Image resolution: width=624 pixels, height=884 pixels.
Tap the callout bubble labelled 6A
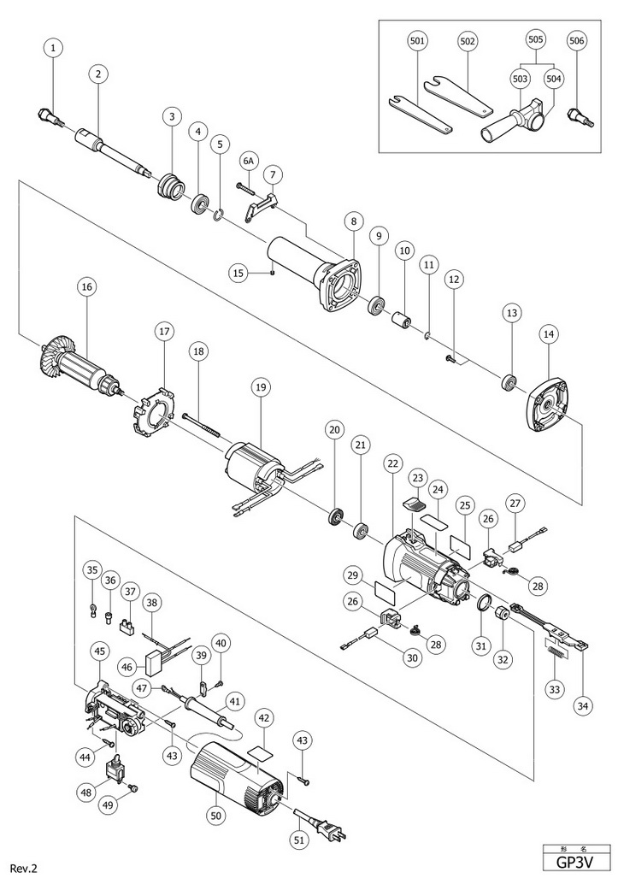(249, 160)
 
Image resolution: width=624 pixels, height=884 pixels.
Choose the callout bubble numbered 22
(392, 463)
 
